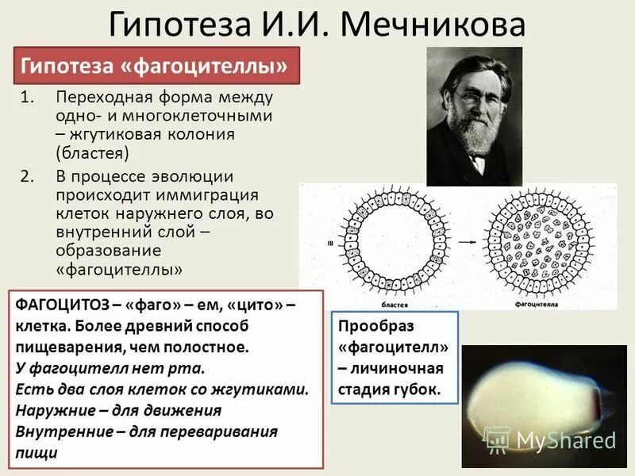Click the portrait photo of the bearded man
click(474, 116)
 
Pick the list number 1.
click(27, 98)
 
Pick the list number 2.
click(27, 176)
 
